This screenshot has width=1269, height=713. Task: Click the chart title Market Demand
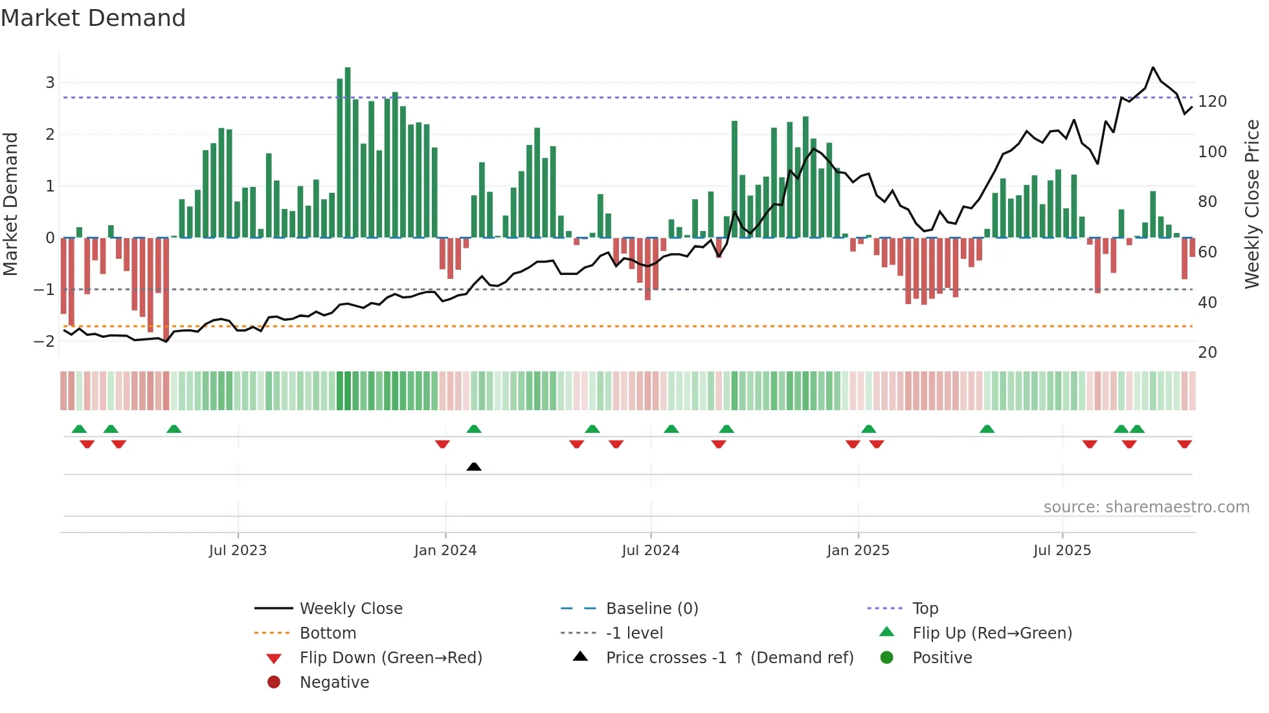coord(93,18)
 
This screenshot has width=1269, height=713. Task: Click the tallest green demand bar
coord(348,152)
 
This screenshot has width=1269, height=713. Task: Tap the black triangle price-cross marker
coord(474,466)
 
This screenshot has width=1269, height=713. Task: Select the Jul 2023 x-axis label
coord(238,551)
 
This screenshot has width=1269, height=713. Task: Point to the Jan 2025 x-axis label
coord(858,551)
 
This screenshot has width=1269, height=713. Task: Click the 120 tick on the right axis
coord(1212,102)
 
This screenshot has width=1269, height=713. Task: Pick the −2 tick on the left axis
coord(44,341)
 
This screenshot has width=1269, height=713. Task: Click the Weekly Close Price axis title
coord(1252,204)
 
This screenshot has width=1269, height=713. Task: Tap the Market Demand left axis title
coord(11,204)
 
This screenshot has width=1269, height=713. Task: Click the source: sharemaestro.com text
coord(1146,507)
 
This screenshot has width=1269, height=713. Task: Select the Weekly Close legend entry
coord(350,609)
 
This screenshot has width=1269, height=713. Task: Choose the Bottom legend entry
coord(328,633)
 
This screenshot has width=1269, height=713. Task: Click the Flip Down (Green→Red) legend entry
coord(390,658)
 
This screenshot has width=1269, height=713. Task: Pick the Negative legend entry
coord(334,683)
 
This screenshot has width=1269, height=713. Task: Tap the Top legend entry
coord(925,609)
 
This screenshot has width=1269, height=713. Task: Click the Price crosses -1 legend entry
coord(729,658)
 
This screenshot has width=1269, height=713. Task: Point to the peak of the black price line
coord(1153,68)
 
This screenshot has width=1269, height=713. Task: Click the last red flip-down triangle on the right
coord(1184,444)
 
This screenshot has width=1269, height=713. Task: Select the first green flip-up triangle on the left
coord(79,429)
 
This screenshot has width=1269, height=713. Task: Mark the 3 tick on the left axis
coord(50,83)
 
